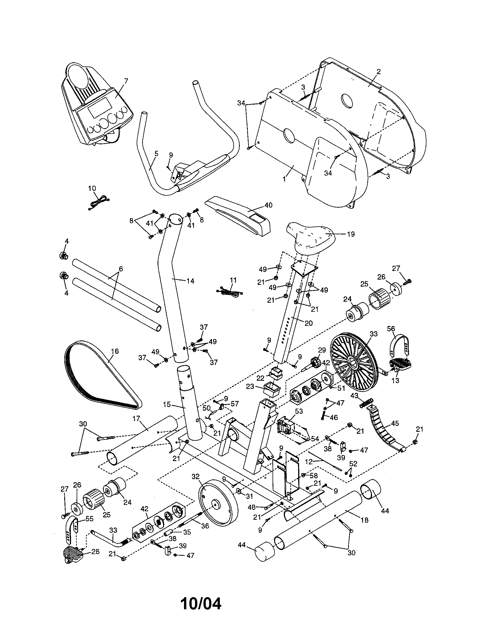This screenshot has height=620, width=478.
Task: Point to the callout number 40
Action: coord(268,205)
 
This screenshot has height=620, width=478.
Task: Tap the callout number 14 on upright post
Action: coord(190,281)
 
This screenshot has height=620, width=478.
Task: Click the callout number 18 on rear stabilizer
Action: coord(364,520)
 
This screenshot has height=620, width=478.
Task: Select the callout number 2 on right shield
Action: coord(378,71)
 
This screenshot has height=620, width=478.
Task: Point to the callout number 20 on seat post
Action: coord(309,323)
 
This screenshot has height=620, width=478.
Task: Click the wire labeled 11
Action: coord(230,291)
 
